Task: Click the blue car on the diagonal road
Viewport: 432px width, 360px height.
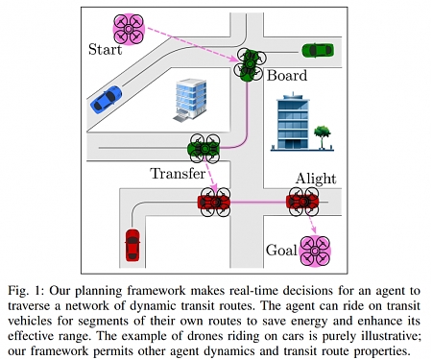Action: tap(107, 98)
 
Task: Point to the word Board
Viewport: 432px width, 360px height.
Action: tap(286, 75)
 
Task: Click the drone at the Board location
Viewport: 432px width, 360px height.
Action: tap(251, 64)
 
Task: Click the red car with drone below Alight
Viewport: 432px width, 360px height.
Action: tap(303, 202)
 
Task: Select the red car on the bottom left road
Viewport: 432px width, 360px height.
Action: tap(132, 245)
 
